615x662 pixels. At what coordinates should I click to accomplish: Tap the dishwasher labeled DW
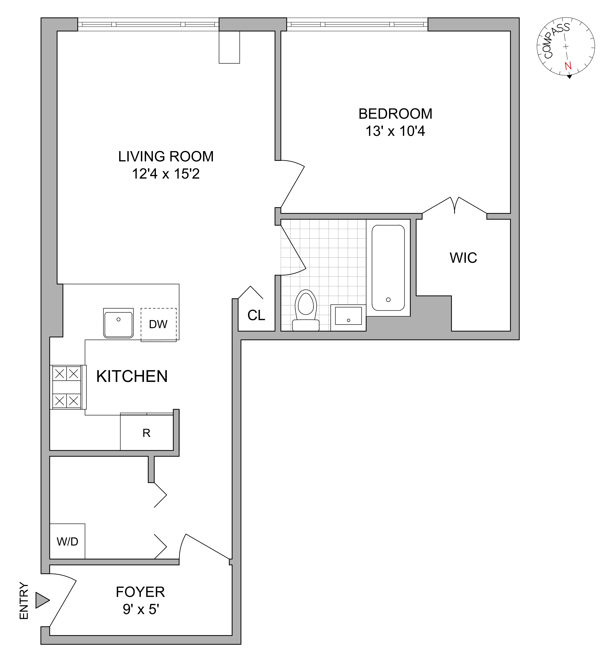coord(158,324)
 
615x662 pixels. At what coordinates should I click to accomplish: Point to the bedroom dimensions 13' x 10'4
coord(395,131)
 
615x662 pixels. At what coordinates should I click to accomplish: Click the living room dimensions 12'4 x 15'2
coord(166,174)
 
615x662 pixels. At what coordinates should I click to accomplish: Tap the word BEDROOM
coord(395,114)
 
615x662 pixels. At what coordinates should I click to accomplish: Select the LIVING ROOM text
coord(166,156)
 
